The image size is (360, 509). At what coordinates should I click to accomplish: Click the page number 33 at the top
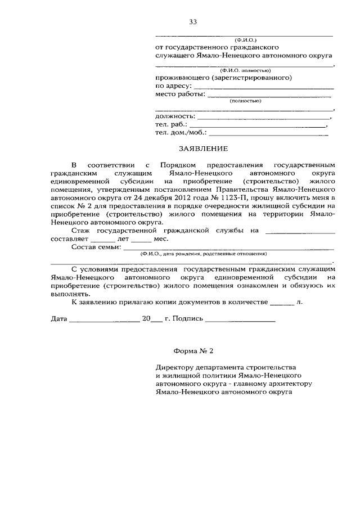[193, 22]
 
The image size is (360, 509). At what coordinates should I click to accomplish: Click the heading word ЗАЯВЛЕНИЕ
[203, 149]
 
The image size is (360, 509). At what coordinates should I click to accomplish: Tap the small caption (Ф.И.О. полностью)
[246, 70]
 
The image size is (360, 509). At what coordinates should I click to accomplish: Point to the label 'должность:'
[175, 116]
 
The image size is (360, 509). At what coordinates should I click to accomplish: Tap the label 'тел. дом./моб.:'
[181, 133]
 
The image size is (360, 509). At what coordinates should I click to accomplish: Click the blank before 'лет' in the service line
[102, 239]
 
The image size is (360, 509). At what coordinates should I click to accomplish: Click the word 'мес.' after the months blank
[160, 238]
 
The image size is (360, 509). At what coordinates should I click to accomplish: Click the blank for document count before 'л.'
[282, 303]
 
